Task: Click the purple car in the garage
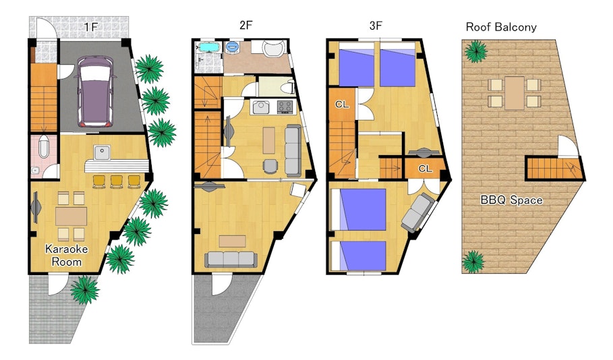coord(96,92)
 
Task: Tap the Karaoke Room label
coord(67,255)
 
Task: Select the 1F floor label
coord(90,27)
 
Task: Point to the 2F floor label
coord(246,26)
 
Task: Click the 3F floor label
coord(376,26)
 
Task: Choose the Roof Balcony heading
coord(501,27)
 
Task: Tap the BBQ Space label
coord(511,200)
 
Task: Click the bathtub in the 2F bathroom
coord(210,48)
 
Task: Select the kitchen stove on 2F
coord(285,107)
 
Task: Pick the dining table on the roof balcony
coord(514,93)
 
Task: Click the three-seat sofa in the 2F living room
coord(231,260)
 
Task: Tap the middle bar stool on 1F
coord(117,182)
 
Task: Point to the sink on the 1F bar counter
coord(102,152)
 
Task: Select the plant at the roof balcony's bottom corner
coord(473,262)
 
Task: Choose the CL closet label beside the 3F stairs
coord(342,104)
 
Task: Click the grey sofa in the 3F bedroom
coord(417,212)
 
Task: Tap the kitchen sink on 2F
coord(261,107)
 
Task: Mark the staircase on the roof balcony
coord(553,168)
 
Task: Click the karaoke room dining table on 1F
coord(71,216)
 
